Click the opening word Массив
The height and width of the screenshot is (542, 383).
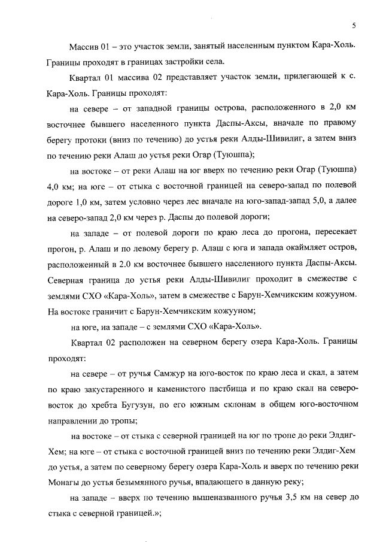[83, 47]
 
